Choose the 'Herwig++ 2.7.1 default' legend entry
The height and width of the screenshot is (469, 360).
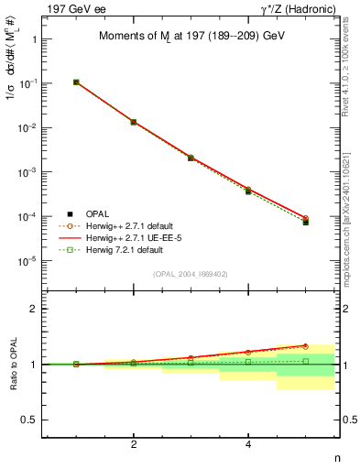click(x=127, y=225)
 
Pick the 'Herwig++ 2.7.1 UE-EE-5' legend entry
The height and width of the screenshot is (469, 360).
click(x=129, y=237)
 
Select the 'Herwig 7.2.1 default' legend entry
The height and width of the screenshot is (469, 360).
click(x=123, y=249)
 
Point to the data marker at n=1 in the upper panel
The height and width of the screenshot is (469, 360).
click(x=76, y=82)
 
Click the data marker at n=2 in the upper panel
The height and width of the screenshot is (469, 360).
click(x=134, y=122)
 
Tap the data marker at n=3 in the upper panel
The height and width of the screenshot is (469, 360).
click(x=191, y=158)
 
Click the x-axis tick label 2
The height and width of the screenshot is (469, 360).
click(x=134, y=444)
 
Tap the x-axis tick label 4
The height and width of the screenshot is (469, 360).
click(x=248, y=444)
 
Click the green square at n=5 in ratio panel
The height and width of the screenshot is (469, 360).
click(x=306, y=361)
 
